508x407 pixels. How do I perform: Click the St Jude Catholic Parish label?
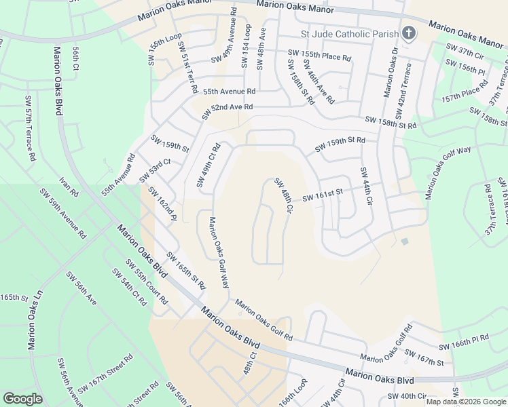click(349, 34)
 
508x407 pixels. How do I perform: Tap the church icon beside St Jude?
click(409, 33)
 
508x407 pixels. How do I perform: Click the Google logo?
click(22, 399)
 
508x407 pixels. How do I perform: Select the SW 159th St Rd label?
click(340, 144)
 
